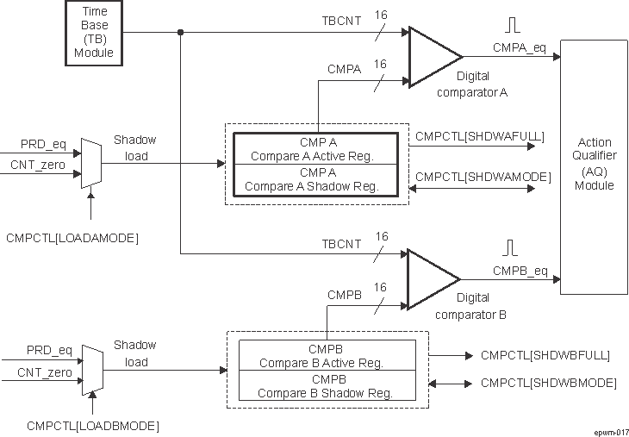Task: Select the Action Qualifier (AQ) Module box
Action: click(595, 166)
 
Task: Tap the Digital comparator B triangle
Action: click(432, 278)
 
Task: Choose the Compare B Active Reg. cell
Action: click(327, 356)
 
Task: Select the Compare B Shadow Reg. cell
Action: click(327, 385)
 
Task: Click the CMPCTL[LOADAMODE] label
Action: click(72, 235)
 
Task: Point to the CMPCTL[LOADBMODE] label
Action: click(93, 425)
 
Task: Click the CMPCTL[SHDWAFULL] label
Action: click(479, 135)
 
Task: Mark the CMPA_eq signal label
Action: click(520, 47)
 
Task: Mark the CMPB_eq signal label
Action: click(520, 270)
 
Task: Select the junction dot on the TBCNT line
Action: click(180, 33)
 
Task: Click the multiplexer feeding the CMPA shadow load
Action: click(90, 162)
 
